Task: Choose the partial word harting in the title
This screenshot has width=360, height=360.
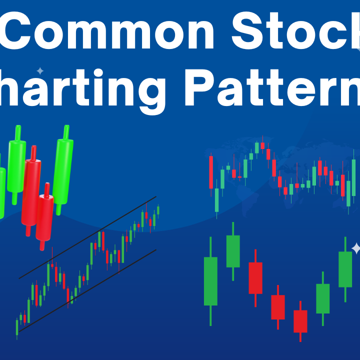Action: pos(82,90)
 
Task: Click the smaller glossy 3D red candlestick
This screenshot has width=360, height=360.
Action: pos(45,217)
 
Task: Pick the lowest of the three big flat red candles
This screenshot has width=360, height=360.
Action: pos(300,321)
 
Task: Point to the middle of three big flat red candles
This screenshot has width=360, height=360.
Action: pos(278,307)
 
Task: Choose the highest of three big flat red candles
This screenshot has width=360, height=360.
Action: pos(255,277)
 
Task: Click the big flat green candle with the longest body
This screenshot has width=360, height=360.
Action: pos(210,281)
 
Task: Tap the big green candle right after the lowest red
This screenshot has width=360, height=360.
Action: pos(323,298)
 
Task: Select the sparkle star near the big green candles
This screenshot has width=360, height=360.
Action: pos(356,248)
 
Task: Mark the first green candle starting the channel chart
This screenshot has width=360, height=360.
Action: pos(17,327)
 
